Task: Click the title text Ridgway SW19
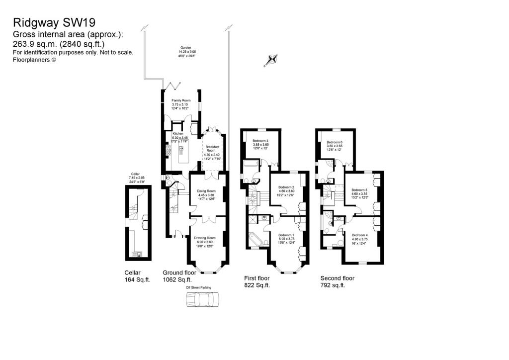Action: point(54,22)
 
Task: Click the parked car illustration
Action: point(202,300)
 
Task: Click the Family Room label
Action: point(181,100)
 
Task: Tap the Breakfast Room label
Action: point(213,148)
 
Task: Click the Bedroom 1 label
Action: point(286,235)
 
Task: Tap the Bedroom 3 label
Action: point(260,141)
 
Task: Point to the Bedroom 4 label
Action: point(359,235)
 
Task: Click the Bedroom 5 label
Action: point(359,190)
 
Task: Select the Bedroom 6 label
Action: point(335,142)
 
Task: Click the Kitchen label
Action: point(178,134)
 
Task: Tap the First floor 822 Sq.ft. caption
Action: point(257,282)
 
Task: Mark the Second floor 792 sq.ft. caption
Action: point(337,282)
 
